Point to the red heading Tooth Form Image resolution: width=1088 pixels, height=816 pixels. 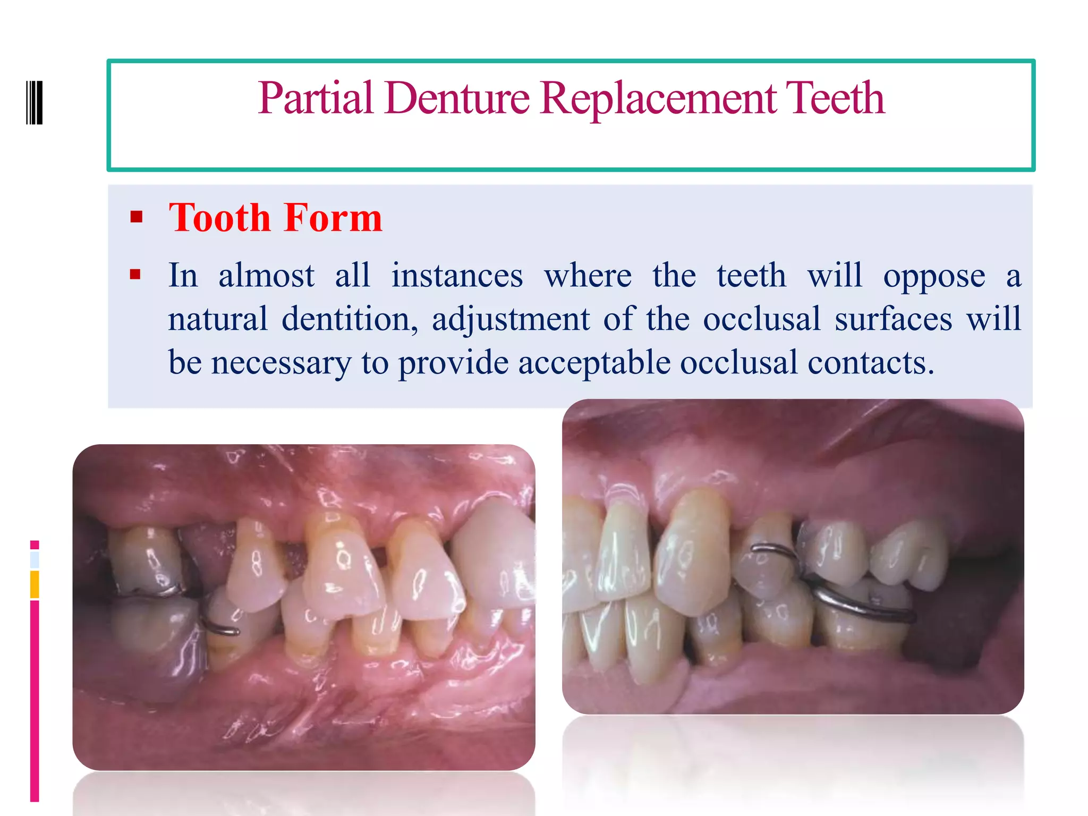point(275,218)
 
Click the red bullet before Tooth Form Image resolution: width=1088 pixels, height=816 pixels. point(137,217)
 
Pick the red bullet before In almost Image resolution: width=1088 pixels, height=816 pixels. point(135,274)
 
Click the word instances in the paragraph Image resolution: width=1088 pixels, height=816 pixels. point(457,276)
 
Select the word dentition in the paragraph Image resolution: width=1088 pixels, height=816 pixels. point(345,319)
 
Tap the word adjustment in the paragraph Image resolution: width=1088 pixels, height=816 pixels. point(511,319)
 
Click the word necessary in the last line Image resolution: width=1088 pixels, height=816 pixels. point(281,363)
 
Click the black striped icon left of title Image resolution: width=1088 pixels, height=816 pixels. point(35,103)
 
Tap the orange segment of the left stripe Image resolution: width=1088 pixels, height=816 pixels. point(35,584)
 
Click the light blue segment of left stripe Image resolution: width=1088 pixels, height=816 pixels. point(35,559)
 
